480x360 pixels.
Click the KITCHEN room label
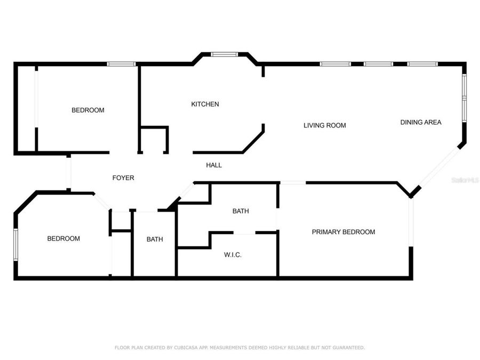(205, 104)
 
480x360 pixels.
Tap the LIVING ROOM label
(325, 125)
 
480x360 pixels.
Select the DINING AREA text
(421, 122)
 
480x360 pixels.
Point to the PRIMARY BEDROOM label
(343, 232)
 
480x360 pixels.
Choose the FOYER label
(123, 178)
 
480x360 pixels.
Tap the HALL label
(214, 165)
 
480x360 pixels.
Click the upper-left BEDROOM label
(88, 110)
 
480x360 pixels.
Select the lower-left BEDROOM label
(63, 238)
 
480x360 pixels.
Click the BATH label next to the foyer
(155, 239)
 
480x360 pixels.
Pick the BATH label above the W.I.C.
(241, 211)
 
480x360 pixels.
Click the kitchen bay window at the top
(224, 54)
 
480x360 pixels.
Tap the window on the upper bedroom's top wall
(122, 64)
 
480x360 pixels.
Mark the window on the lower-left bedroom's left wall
(16, 245)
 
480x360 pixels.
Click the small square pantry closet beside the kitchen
(154, 140)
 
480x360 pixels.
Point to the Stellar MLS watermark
(465, 180)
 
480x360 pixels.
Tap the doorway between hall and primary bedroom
(293, 183)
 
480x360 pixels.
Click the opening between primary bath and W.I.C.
(244, 233)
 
